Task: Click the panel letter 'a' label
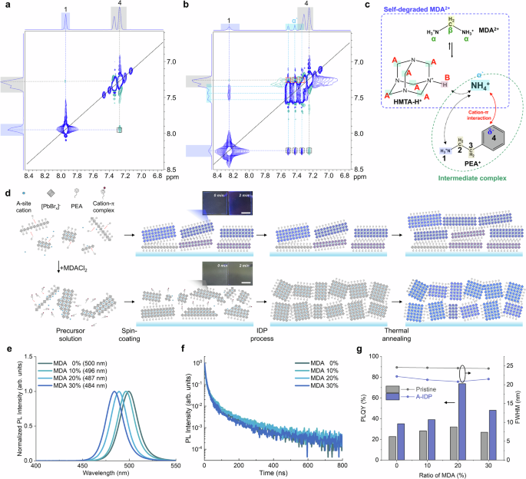click(x=5, y=6)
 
